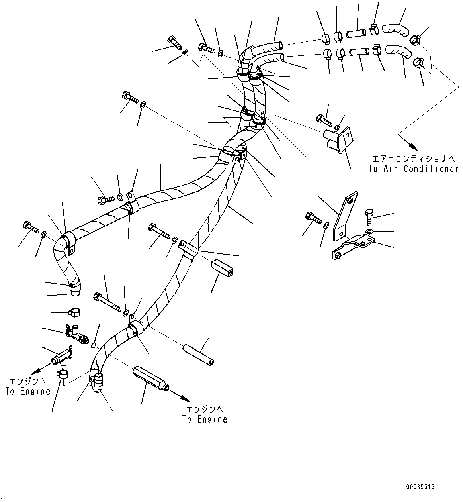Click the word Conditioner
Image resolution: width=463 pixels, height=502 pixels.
pyautogui.click(x=431, y=169)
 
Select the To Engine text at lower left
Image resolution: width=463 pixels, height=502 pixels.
pyautogui.click(x=28, y=392)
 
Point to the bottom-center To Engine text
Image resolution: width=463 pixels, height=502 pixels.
pyautogui.click(x=205, y=420)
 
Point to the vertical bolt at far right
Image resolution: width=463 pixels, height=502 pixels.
pyautogui.click(x=369, y=217)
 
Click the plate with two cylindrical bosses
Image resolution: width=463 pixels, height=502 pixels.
pyautogui.click(x=338, y=139)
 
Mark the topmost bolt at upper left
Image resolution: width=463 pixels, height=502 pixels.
pyautogui.click(x=174, y=43)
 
